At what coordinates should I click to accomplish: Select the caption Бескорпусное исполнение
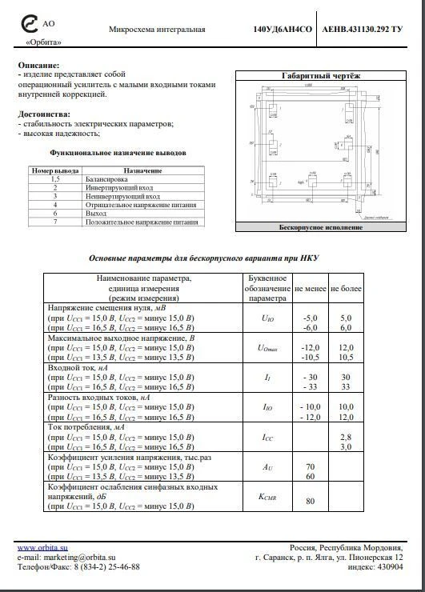320,227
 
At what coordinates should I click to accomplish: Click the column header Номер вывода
54,170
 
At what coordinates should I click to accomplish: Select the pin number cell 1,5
55,179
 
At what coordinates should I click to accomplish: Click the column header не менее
310,287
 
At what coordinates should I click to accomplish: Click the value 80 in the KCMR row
310,502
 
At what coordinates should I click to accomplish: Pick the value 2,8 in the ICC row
346,436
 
